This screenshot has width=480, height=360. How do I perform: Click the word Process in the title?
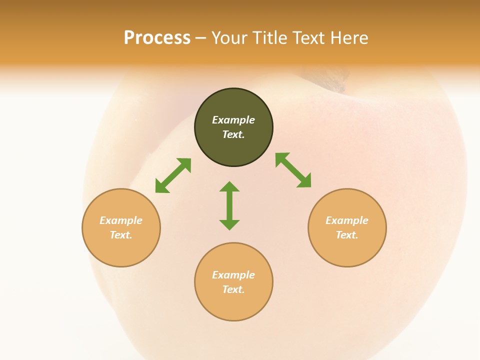point(157,38)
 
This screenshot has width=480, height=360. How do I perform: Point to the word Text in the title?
point(309,38)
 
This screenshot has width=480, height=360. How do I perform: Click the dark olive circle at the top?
point(233,100)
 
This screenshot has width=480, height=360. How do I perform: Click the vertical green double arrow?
point(229,206)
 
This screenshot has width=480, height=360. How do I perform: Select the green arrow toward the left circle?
point(173,175)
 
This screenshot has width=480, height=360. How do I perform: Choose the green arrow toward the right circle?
point(293,170)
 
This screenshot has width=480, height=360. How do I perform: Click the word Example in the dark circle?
point(233,120)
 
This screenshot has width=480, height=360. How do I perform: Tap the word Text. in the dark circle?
point(233,134)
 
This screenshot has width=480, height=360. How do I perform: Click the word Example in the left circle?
point(121,220)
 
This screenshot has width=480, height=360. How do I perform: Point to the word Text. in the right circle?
point(347,235)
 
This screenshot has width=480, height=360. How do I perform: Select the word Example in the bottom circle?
point(233,275)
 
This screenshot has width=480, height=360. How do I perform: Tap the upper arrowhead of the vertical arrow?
point(229,187)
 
